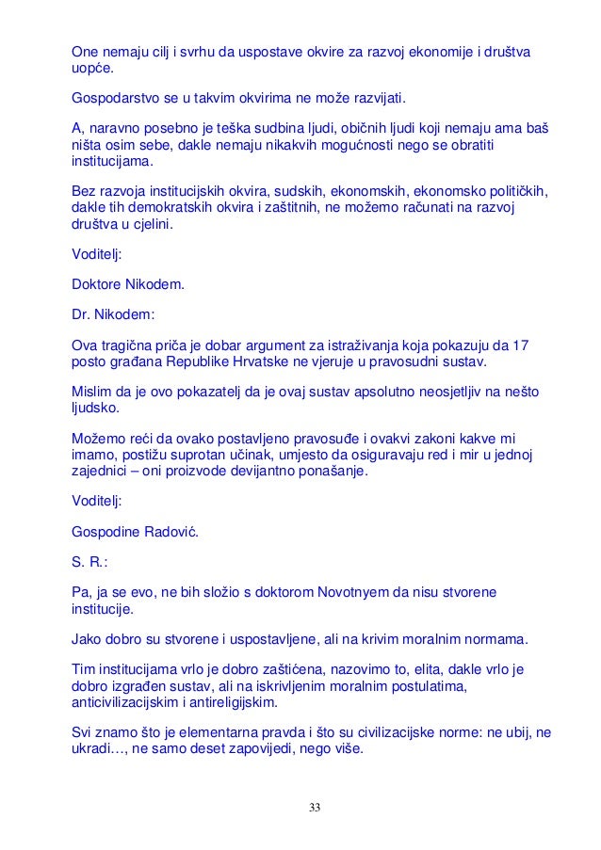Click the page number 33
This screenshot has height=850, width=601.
tap(314, 807)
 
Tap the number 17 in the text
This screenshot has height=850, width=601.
tap(521, 346)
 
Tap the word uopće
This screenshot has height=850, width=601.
tap(93, 67)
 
